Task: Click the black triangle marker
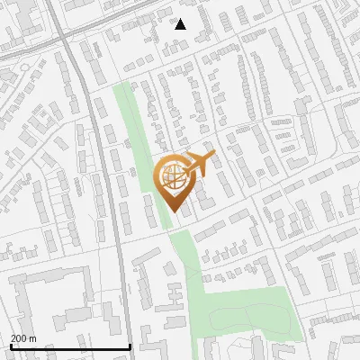tap(181, 24)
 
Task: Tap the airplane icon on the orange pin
tap(196, 166)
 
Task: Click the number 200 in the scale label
tap(19, 338)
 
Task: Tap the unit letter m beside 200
tap(33, 338)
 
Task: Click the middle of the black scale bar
tap(69, 346)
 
